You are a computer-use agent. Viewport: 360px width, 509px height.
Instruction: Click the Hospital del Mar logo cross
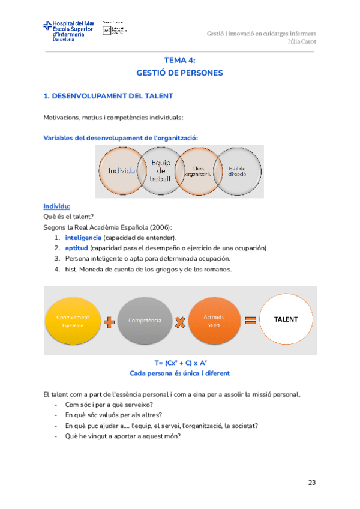[47, 26]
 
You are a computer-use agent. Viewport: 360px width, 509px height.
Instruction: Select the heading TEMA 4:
[179, 60]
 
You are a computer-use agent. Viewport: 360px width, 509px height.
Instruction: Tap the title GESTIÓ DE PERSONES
[179, 73]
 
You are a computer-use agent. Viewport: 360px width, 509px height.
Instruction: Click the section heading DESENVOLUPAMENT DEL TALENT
[113, 96]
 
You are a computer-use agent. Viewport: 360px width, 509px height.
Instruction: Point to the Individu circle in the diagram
[124, 171]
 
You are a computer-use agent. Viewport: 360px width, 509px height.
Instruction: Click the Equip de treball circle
[160, 171]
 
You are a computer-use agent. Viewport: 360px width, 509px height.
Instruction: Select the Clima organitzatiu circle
[197, 171]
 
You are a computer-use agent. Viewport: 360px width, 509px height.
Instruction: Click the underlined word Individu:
[57, 206]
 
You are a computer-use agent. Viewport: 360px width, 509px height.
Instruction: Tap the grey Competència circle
[144, 320]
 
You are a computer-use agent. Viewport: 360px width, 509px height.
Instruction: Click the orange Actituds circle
[214, 320]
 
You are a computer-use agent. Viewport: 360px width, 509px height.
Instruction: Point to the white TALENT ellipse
[286, 319]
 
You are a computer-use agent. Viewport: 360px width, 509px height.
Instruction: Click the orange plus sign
[109, 322]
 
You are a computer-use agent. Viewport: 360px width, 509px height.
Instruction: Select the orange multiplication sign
[179, 322]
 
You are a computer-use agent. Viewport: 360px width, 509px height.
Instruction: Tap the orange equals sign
[250, 320]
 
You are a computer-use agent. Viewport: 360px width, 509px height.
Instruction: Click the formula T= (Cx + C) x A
[180, 363]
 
